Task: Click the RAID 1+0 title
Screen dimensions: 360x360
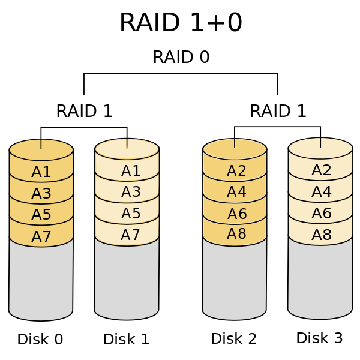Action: (x=181, y=23)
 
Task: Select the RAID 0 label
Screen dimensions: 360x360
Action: (x=181, y=57)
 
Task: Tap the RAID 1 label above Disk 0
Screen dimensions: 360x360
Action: (x=84, y=111)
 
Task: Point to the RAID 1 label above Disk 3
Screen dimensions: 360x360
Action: (x=278, y=111)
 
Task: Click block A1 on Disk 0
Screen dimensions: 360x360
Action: (x=41, y=172)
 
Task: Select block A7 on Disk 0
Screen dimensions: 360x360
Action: (x=41, y=236)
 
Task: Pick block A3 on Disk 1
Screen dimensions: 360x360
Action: (x=131, y=192)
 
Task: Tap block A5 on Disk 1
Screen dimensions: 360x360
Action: (x=131, y=214)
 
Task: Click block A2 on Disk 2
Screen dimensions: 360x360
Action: (x=236, y=171)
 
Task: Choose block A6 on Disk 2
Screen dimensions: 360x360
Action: (x=236, y=214)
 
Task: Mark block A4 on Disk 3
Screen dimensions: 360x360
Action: (x=322, y=192)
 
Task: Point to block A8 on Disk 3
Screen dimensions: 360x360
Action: (x=322, y=235)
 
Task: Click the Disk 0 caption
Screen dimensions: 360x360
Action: (x=40, y=340)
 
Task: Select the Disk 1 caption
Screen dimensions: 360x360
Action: (x=126, y=340)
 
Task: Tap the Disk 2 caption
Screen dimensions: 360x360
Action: (x=234, y=338)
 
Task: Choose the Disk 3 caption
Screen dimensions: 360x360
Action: (x=320, y=338)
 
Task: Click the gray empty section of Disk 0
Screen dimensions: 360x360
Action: (x=41, y=279)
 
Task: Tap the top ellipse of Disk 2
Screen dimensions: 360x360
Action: (x=235, y=148)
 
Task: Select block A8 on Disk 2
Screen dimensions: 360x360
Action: (x=236, y=234)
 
